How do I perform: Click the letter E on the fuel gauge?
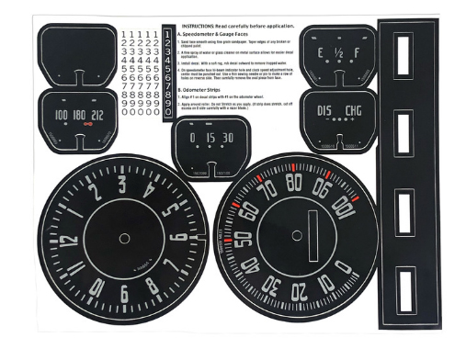[321, 55]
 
